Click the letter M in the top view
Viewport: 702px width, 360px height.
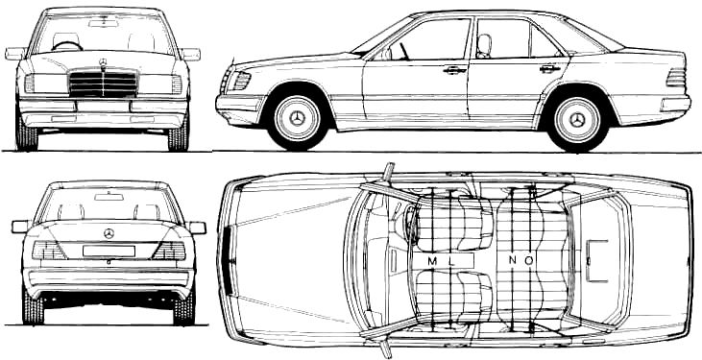(x=432, y=261)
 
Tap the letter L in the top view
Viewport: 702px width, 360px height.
(x=451, y=261)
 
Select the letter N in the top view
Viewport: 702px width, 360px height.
(x=513, y=260)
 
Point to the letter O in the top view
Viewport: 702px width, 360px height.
(x=529, y=260)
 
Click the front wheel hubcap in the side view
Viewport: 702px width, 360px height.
(x=297, y=118)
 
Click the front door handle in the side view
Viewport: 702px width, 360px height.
(x=455, y=70)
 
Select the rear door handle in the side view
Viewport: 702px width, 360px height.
(x=550, y=69)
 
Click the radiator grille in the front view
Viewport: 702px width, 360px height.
(x=103, y=84)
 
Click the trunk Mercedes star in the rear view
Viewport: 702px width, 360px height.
(x=109, y=233)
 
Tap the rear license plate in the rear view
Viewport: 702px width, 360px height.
(x=109, y=252)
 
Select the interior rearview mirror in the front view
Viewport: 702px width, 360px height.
(x=103, y=23)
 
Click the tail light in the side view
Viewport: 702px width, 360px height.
(x=676, y=78)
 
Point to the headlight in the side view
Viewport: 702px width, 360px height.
(x=241, y=81)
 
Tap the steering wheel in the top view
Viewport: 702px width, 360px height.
(x=409, y=221)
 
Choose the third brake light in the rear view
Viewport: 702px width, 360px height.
(x=109, y=197)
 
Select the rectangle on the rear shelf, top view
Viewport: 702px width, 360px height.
(x=596, y=261)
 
